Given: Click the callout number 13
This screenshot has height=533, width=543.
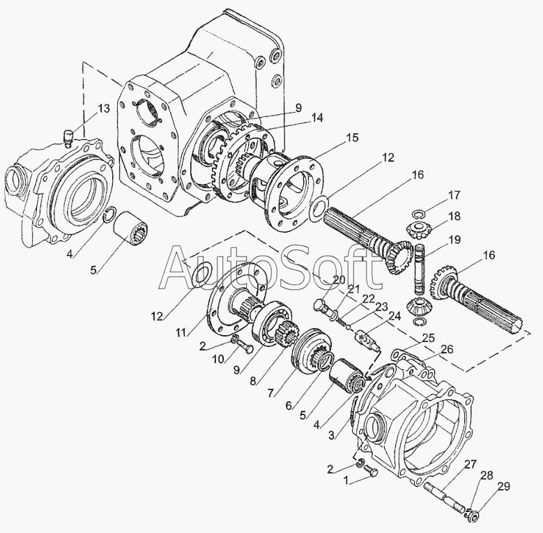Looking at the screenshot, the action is (x=103, y=108).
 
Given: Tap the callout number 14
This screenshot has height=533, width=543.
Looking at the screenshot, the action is (x=317, y=118).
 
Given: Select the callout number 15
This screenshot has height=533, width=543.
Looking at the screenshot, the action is (x=352, y=137).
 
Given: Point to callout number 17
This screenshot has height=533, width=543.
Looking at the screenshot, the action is (x=454, y=194).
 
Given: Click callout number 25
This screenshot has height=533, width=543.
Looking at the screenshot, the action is (x=429, y=337).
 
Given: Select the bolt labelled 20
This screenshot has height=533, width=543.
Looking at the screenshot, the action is (x=322, y=307).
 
